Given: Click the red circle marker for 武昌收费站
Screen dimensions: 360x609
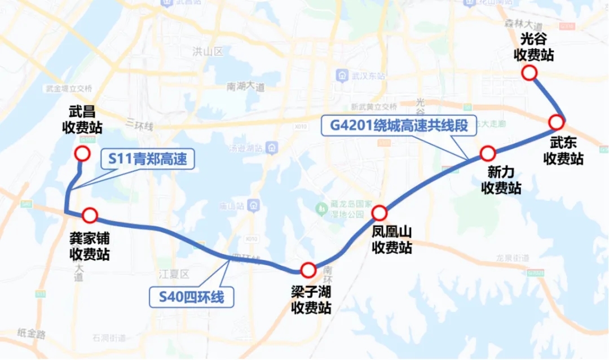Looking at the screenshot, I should tap(82, 153).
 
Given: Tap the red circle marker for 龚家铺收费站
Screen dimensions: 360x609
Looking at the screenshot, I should tap(90, 215).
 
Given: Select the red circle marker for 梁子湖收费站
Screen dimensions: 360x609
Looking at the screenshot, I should tap(308, 270).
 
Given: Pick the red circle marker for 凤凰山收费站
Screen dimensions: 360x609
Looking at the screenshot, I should tap(379, 213).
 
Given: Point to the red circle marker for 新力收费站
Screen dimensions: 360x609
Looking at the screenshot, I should tap(488, 153).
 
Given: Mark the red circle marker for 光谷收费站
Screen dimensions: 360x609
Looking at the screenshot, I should tap(529, 72).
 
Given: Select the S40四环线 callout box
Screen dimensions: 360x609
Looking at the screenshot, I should tap(191, 296).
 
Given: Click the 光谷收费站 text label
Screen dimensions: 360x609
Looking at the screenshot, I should tap(533, 46).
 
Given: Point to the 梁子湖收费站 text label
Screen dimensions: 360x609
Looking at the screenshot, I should tap(310, 300).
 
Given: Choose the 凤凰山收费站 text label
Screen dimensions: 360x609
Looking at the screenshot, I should tap(392, 240).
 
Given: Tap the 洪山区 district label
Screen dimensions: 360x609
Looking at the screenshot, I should tap(208, 52).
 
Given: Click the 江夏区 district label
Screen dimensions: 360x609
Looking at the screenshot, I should tap(174, 274).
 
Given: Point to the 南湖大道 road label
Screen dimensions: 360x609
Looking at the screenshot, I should tap(245, 87).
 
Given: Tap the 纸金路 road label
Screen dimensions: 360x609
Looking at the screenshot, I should tap(32, 333).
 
